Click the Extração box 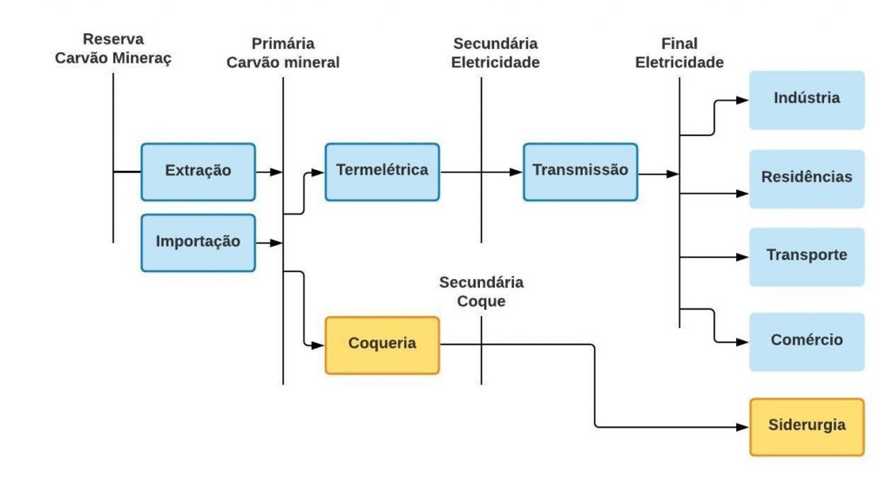[x=198, y=171]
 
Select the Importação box [x=198, y=242]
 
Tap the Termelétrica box [x=382, y=171]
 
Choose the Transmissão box [x=580, y=171]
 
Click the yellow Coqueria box [x=382, y=344]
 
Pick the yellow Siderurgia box [x=807, y=426]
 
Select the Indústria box [x=807, y=99]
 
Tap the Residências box [x=807, y=178]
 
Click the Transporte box [x=807, y=256]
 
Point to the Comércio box [x=807, y=341]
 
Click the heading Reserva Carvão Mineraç [x=113, y=49]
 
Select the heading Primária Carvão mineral [x=283, y=52]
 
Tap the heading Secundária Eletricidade [x=496, y=52]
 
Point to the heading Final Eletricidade [x=679, y=52]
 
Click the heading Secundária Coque [x=481, y=292]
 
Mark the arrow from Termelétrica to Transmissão [x=481, y=172]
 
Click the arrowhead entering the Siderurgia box [x=742, y=427]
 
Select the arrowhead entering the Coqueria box [x=318, y=345]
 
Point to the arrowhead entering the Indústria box [x=742, y=99]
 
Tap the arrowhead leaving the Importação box [x=276, y=242]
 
